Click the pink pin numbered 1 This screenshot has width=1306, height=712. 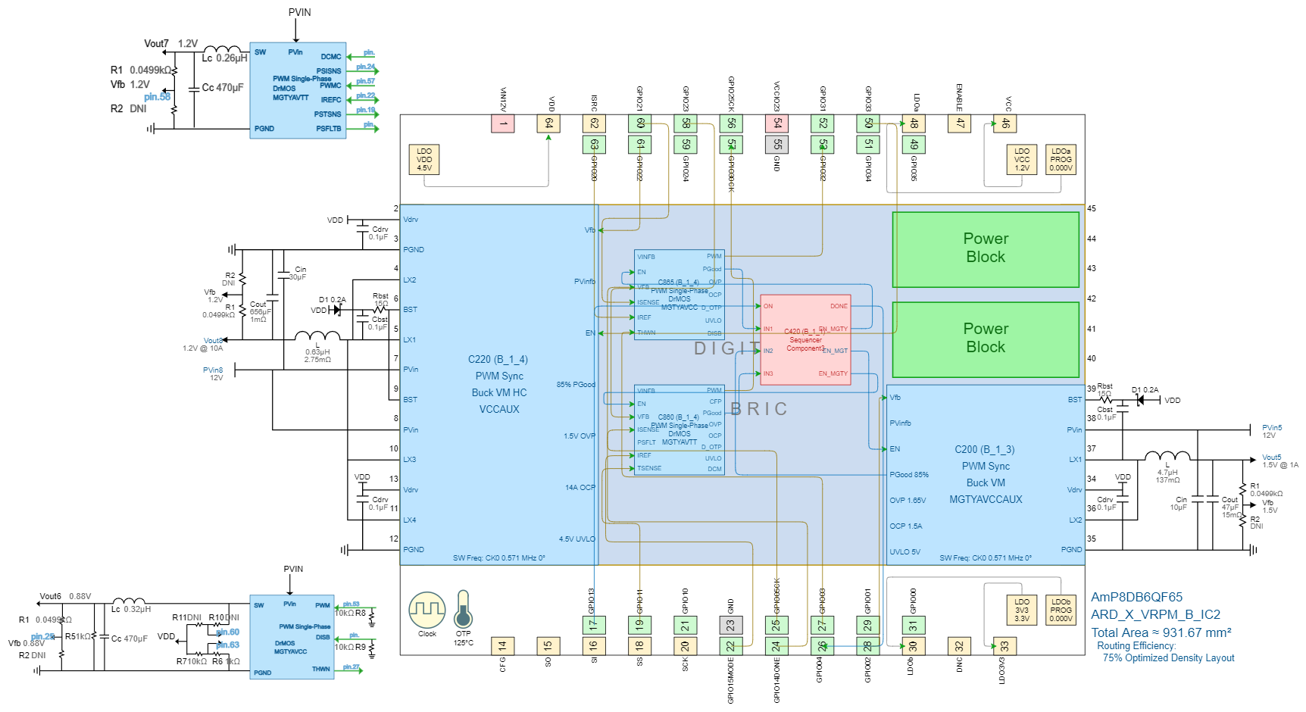[x=503, y=123]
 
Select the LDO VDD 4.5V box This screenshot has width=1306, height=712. [x=424, y=160]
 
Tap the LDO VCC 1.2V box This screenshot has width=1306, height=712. [x=1022, y=160]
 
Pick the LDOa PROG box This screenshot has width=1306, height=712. [x=1061, y=160]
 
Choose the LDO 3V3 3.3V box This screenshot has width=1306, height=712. [x=1022, y=610]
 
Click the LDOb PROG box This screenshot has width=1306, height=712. [x=1061, y=610]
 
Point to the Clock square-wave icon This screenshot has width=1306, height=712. [x=427, y=610]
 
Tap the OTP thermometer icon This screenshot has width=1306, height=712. [x=463, y=611]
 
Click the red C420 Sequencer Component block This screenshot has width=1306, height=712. [x=805, y=340]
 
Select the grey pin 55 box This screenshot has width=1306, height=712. [x=777, y=144]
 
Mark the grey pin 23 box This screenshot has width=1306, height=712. [x=731, y=626]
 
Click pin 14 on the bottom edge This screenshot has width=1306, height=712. [x=502, y=646]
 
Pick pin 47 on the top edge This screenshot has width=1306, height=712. [x=960, y=123]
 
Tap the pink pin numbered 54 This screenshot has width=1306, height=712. [x=777, y=123]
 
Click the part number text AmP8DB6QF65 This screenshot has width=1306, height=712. [x=1136, y=597]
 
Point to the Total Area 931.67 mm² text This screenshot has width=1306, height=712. [x=1161, y=632]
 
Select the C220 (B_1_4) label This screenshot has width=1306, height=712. [x=498, y=360]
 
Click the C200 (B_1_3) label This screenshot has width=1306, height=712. [x=985, y=450]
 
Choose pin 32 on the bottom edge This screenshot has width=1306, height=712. [x=960, y=646]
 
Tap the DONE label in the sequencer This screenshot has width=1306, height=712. [x=839, y=306]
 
